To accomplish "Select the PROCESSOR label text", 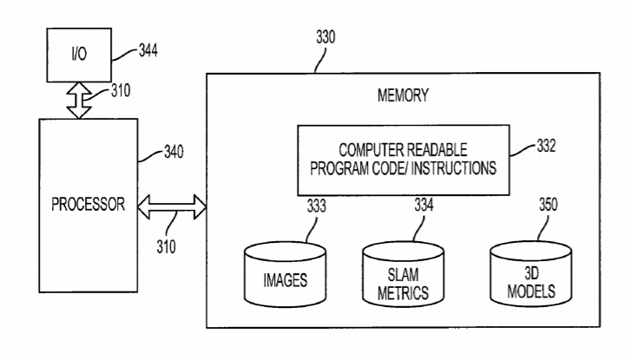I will coord(88,206).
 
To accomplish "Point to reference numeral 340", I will coord(174,154).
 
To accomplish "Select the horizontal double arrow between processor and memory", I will coord(174,207).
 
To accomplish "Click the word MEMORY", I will coord(403,95).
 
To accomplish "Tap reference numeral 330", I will coord(326,38).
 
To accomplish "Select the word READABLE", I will coord(455,150).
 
